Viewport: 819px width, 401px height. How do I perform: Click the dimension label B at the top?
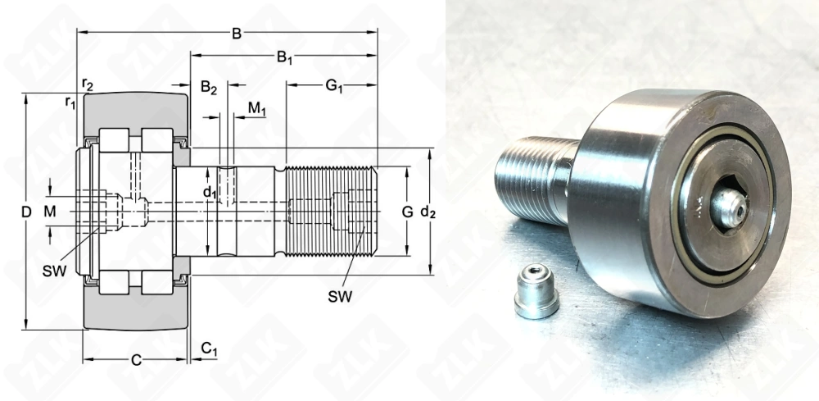point(237,34)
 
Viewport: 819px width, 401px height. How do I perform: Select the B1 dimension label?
point(284,57)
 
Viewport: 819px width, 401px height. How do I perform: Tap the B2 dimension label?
point(208,87)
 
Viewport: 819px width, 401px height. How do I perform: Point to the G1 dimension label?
point(334,86)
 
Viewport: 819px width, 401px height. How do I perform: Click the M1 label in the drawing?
point(257,109)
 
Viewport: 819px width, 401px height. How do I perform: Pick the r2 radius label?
point(88,84)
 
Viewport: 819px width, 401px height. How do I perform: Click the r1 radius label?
point(70,102)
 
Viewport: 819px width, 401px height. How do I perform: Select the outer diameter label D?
point(26,212)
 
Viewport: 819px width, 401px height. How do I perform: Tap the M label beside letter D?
point(49,212)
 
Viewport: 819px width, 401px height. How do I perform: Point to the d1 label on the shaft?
point(210,193)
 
